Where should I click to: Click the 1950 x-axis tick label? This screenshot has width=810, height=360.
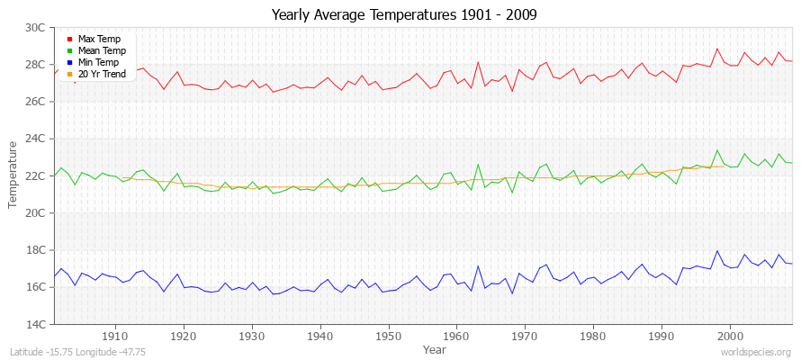point(389,337)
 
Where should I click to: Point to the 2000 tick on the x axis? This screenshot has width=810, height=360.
point(730,337)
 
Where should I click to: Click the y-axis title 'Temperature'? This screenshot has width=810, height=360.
point(13,175)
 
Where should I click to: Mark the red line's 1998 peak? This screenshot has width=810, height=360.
point(717,49)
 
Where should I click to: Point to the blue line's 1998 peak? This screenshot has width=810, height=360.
point(717,250)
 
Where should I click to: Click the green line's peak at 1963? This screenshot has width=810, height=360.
point(478,164)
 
